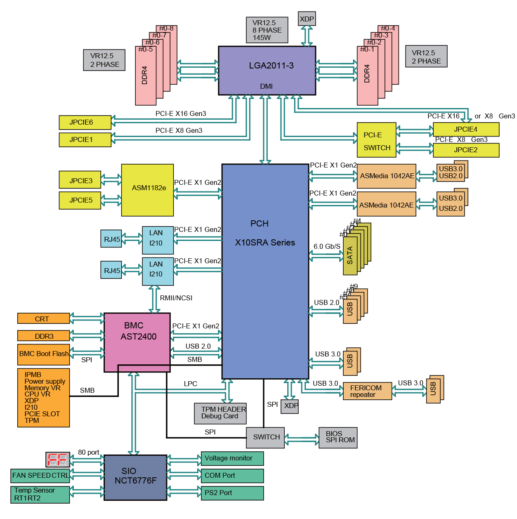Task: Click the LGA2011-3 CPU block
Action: (x=267, y=70)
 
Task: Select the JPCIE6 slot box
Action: (x=85, y=122)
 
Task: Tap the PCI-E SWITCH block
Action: (x=376, y=140)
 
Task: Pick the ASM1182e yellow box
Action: (x=147, y=190)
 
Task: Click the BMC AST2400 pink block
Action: (x=137, y=342)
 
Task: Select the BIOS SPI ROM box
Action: (x=338, y=437)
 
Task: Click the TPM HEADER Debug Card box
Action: (x=220, y=413)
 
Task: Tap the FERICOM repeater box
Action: (x=367, y=391)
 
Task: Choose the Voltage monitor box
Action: (x=232, y=458)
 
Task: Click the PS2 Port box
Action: (x=232, y=493)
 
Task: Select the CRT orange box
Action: (x=43, y=318)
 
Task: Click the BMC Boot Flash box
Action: (x=43, y=354)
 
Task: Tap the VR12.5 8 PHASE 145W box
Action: (x=267, y=30)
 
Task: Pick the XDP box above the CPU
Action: (x=307, y=19)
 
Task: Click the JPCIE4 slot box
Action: (x=466, y=130)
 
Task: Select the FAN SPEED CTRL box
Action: (x=40, y=476)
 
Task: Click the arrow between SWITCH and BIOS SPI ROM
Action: (x=302, y=439)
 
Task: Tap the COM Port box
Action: (x=232, y=476)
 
